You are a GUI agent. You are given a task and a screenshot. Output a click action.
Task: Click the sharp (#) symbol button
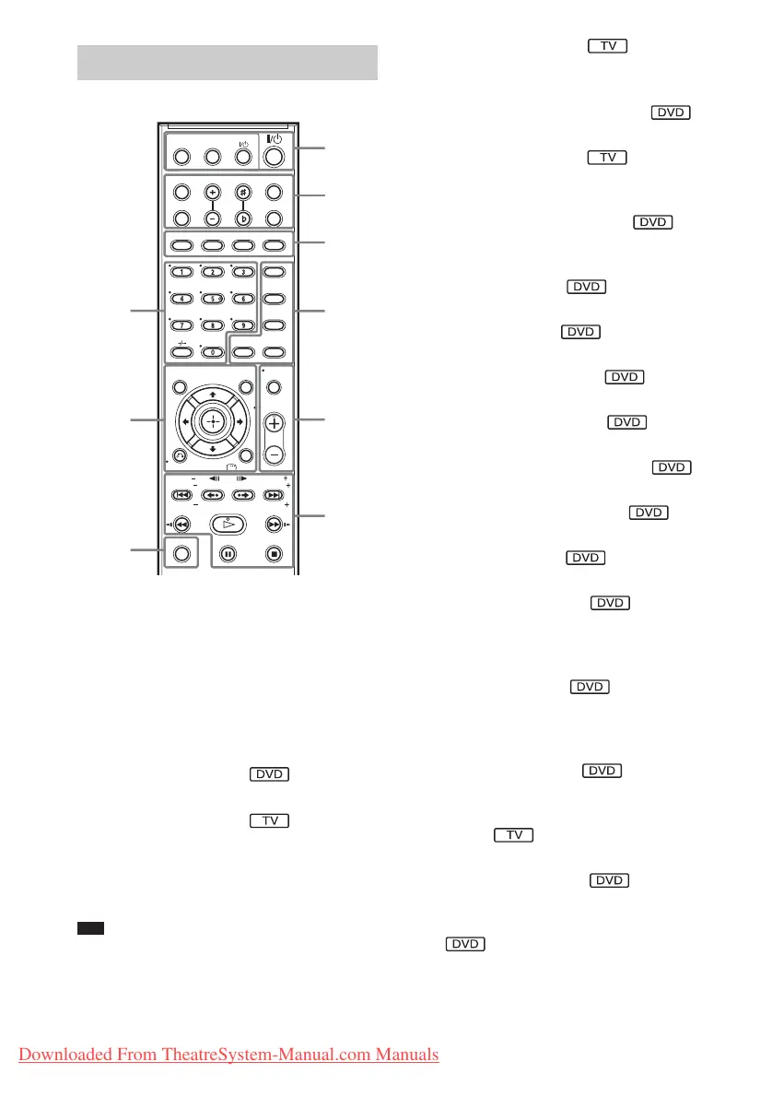[x=243, y=192]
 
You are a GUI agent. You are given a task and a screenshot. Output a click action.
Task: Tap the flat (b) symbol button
[x=243, y=218]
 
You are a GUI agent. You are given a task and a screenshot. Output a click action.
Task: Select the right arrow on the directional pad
[x=241, y=421]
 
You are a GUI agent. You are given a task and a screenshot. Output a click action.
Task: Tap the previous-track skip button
[x=182, y=495]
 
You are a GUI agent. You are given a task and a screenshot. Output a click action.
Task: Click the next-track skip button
[x=274, y=495]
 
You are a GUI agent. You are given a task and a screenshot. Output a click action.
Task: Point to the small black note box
[x=89, y=929]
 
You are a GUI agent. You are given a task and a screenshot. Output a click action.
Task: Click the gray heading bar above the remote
[x=227, y=62]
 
